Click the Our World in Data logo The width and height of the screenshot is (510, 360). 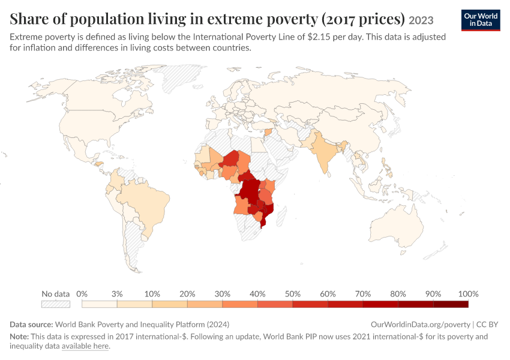point(481,20)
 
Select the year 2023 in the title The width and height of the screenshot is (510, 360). point(421,20)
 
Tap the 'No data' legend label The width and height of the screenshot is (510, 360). point(56,294)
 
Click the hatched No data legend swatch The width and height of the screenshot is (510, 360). point(56,304)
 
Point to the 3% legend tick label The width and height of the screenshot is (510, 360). point(117,294)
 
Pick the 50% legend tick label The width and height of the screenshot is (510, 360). point(292,294)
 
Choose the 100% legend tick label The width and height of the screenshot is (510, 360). point(468,294)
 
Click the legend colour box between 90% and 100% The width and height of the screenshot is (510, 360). point(451,304)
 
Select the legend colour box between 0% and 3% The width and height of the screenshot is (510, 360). point(100,304)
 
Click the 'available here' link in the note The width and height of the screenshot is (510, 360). point(85,346)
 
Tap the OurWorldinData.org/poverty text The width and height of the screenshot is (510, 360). point(421,325)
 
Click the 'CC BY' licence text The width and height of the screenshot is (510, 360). point(487,325)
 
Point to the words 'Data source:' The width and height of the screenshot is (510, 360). point(31,325)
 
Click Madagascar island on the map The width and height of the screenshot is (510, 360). point(281,216)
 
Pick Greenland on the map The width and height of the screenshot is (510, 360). point(181,77)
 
